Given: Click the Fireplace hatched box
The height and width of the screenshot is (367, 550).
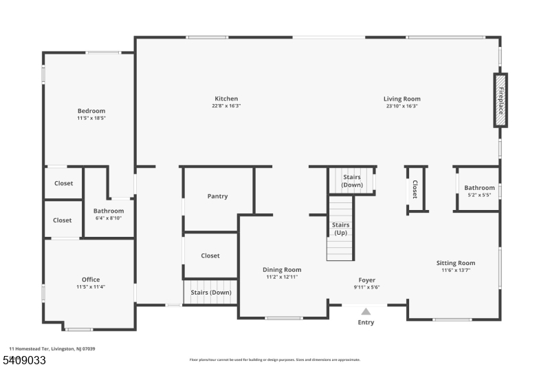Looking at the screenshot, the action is pyautogui.click(x=500, y=101).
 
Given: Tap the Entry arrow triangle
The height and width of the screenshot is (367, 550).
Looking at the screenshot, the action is pyautogui.click(x=366, y=311).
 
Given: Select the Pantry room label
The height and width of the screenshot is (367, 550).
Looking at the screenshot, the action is pyautogui.click(x=217, y=196).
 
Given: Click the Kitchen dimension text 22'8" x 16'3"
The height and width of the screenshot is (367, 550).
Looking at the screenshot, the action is pyautogui.click(x=226, y=106).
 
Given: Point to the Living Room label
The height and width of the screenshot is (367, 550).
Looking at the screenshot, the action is pyautogui.click(x=402, y=99).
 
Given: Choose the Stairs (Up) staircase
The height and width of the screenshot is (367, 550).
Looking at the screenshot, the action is pyautogui.click(x=340, y=229).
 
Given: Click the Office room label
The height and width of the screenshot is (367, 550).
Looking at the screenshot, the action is pyautogui.click(x=91, y=280).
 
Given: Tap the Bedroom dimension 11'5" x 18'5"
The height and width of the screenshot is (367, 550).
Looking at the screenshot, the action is pyautogui.click(x=91, y=118).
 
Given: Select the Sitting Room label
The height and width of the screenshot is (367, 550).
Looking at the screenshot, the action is pyautogui.click(x=456, y=263).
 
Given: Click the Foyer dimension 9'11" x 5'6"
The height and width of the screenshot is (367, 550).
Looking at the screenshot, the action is pyautogui.click(x=367, y=287).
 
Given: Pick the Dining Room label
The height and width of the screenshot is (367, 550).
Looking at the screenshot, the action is pyautogui.click(x=282, y=270).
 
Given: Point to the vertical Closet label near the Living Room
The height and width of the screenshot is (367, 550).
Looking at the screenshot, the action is pyautogui.click(x=415, y=189).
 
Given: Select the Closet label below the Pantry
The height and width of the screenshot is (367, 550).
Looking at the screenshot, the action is pyautogui.click(x=210, y=255).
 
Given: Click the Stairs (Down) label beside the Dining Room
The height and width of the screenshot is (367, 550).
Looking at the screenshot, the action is pyautogui.click(x=211, y=293).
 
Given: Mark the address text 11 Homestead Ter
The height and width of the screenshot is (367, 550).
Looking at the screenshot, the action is pyautogui.click(x=29, y=348).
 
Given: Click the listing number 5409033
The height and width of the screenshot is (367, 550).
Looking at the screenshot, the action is pyautogui.click(x=25, y=360).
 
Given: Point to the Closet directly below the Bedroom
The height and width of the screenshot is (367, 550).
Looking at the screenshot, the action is pyautogui.click(x=63, y=183).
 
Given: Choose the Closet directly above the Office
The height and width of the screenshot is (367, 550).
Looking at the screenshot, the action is pyautogui.click(x=63, y=220).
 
